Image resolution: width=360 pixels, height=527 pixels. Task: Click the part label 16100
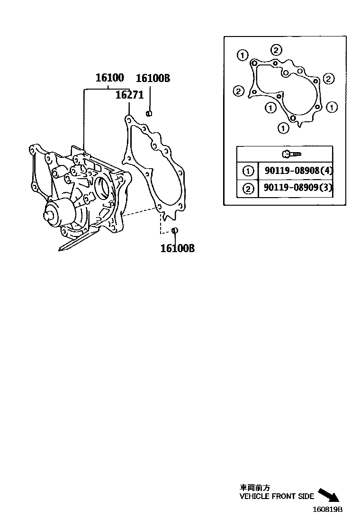pos(109,78)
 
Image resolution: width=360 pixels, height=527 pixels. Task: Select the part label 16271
pos(129,95)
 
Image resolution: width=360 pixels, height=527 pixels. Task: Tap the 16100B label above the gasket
pos(153,78)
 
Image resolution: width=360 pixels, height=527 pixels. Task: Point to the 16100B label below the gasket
pos(177,248)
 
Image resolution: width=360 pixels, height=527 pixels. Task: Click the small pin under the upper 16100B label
pos(148,113)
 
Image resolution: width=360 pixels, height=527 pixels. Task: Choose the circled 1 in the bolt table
pos(247,171)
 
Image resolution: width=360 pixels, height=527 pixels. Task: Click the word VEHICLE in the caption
pos(255,497)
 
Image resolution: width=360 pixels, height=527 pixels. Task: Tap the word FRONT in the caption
pos(284,497)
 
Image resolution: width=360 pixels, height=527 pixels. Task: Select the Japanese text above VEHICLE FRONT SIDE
pos(255,488)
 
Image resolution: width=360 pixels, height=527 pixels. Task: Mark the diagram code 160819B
pos(327,510)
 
